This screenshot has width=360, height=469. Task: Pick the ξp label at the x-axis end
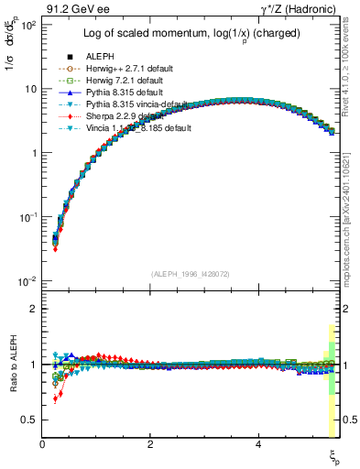[x=334, y=455]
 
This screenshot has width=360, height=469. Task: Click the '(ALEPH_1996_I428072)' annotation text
[x=190, y=273]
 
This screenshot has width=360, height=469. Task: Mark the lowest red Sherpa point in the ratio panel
[x=55, y=398]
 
